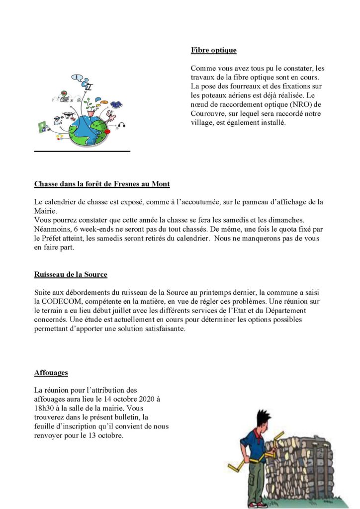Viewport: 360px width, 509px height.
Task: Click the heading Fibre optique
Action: point(213,50)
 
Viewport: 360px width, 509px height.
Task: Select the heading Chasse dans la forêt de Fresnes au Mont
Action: point(102,184)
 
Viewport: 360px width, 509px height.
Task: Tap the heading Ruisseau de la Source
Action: point(71,274)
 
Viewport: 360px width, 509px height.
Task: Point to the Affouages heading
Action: point(51,372)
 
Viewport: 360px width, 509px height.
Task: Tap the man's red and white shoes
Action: point(254,504)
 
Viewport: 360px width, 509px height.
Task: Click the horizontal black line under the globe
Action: point(82,151)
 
